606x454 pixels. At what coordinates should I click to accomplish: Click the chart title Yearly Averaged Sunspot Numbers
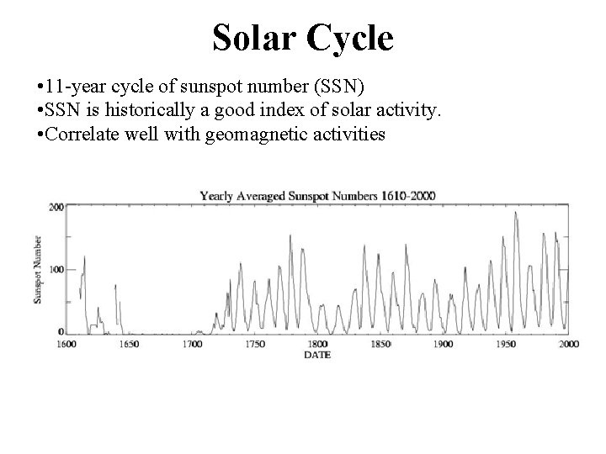pyautogui.click(x=318, y=195)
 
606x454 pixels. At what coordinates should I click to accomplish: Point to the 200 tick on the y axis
pyautogui.click(x=56, y=207)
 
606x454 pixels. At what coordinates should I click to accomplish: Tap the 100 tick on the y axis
pyautogui.click(x=56, y=269)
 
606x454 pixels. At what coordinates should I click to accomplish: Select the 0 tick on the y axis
pyautogui.click(x=60, y=331)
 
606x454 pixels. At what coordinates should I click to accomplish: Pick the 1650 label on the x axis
pyautogui.click(x=128, y=344)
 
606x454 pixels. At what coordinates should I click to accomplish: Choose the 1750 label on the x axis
pyautogui.click(x=254, y=344)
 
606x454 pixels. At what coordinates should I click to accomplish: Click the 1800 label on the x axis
pyautogui.click(x=317, y=344)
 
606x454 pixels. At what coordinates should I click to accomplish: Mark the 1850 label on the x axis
pyautogui.click(x=380, y=344)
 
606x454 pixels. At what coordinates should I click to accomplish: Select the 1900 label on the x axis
pyautogui.click(x=444, y=344)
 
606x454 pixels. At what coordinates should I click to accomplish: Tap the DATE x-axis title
pyautogui.click(x=317, y=355)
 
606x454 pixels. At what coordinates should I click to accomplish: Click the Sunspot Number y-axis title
pyautogui.click(x=39, y=270)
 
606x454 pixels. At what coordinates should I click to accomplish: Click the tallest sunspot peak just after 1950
pyautogui.click(x=516, y=213)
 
